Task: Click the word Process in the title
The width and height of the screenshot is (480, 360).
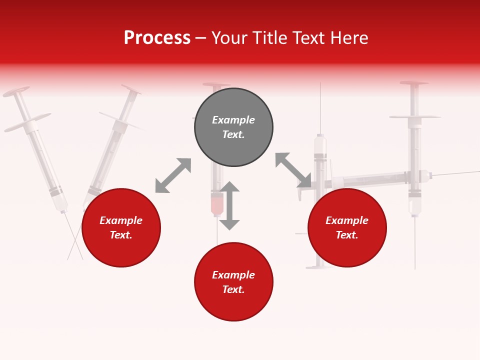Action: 157,38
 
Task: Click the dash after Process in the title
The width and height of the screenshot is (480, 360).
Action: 200,38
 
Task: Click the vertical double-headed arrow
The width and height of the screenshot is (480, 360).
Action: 229,205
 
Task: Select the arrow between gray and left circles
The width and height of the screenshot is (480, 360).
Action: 173,175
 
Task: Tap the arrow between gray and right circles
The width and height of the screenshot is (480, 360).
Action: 293,170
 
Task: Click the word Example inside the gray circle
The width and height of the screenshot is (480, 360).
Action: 233,120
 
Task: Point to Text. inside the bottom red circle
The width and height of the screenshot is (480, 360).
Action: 233,289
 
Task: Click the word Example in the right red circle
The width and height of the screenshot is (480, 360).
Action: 347,220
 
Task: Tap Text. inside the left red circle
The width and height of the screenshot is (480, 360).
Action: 121,235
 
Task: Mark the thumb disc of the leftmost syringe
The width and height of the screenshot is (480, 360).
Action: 16,92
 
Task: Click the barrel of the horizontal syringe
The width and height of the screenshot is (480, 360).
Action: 370,179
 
